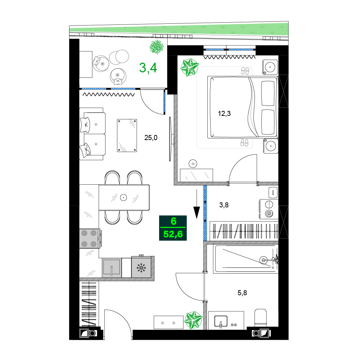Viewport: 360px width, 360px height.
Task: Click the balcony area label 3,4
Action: (x=148, y=68)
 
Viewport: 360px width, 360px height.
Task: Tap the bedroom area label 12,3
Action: (x=224, y=113)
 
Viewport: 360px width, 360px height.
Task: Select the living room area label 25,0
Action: (x=151, y=138)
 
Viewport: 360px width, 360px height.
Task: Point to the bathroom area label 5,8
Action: (x=242, y=293)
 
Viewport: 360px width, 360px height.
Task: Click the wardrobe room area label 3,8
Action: (x=224, y=205)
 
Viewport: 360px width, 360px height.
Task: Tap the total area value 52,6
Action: (x=173, y=234)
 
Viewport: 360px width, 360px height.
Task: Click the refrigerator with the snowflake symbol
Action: (x=141, y=267)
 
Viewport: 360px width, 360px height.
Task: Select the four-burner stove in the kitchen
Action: (x=90, y=239)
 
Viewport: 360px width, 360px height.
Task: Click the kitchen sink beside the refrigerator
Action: (x=112, y=268)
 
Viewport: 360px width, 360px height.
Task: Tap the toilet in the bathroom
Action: (x=261, y=318)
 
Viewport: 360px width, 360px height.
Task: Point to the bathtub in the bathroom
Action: (x=246, y=259)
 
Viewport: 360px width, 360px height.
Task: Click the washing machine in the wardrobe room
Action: (x=269, y=209)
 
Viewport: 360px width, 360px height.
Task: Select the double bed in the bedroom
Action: (x=243, y=107)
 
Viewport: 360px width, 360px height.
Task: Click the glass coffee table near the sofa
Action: (x=127, y=135)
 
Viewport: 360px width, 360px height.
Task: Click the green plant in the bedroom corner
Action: (x=189, y=67)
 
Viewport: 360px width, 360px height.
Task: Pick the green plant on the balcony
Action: (x=157, y=47)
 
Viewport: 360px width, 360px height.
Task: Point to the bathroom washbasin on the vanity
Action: (x=221, y=321)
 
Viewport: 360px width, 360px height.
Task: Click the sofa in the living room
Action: (x=92, y=134)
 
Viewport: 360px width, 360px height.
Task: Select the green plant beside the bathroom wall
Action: (x=194, y=320)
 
